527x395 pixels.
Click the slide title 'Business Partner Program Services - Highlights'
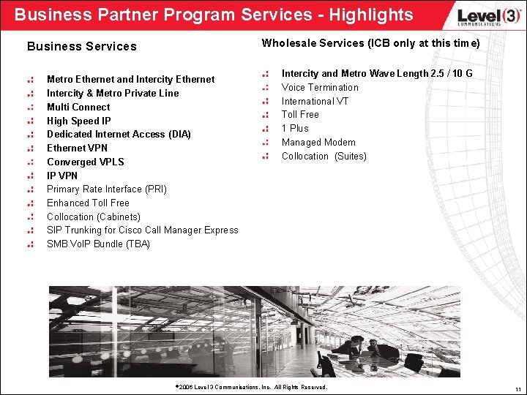coord(214,15)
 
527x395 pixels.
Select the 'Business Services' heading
coord(82,46)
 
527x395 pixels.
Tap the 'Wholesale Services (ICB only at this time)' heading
coord(370,43)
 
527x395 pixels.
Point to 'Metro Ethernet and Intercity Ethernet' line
coord(130,79)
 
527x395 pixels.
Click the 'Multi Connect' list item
coord(78,107)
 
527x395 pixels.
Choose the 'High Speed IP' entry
coord(79,121)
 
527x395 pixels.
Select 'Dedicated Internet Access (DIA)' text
coord(119,134)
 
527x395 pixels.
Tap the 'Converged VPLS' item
coord(86,162)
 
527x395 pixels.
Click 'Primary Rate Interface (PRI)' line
coord(107,189)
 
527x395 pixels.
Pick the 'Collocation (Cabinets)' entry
coord(94,217)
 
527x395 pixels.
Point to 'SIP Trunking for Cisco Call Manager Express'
coord(143,230)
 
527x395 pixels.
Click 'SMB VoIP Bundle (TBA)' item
coord(98,244)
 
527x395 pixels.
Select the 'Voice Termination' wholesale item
coord(320,87)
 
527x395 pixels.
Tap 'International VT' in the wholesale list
coord(315,101)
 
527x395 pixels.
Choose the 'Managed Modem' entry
coord(318,142)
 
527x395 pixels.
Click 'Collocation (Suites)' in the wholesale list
coord(324,156)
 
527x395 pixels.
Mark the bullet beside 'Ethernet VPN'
coord(30,148)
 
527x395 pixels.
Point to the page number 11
coord(517,388)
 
